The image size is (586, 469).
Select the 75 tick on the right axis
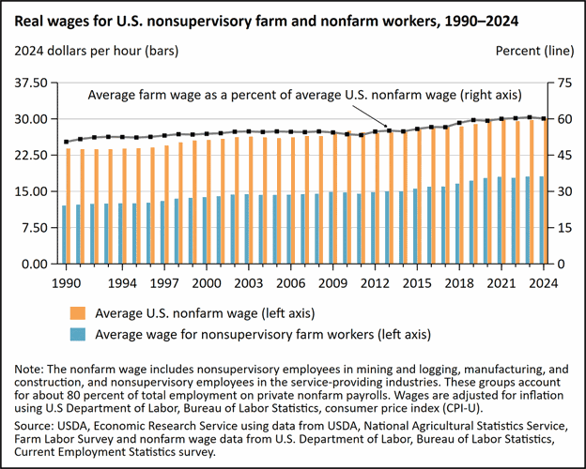(x=563, y=83)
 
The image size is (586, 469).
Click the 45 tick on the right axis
(x=563, y=156)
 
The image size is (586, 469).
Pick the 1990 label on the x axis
(x=64, y=281)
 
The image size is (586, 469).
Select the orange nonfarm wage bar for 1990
(x=69, y=206)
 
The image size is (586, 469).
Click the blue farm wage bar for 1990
(x=63, y=234)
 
